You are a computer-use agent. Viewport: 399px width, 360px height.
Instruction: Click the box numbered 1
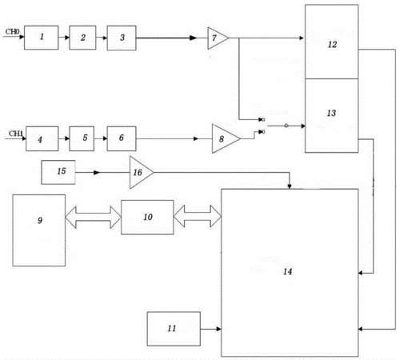tap(42, 38)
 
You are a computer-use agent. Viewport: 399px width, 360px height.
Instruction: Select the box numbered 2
tap(82, 38)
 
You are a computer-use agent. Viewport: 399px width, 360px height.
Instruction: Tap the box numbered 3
tap(122, 38)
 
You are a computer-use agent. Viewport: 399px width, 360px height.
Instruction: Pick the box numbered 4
tap(42, 138)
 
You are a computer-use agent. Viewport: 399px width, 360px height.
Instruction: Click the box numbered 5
tap(82, 138)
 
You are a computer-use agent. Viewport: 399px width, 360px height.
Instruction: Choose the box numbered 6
tap(122, 138)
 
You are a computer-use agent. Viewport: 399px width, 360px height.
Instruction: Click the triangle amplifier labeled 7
tap(217, 38)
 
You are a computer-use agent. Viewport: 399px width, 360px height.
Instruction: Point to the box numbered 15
tap(58, 172)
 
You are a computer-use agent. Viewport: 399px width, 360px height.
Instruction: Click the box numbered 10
tap(147, 218)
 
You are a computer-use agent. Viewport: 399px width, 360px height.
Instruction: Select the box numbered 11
tap(174, 329)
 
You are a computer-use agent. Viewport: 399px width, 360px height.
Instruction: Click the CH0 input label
tap(12, 32)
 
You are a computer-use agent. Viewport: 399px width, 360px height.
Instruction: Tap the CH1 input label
tap(16, 134)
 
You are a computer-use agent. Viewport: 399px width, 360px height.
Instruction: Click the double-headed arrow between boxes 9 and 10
tap(93, 218)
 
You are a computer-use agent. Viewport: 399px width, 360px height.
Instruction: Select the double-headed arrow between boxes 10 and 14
tap(198, 216)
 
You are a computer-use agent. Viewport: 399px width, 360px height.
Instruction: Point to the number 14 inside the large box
tap(288, 271)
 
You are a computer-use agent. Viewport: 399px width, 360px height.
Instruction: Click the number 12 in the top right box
tap(333, 44)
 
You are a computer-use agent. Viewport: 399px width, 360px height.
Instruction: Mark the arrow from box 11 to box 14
tap(211, 329)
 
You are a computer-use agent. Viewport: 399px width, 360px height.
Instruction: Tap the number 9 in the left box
tap(40, 220)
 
